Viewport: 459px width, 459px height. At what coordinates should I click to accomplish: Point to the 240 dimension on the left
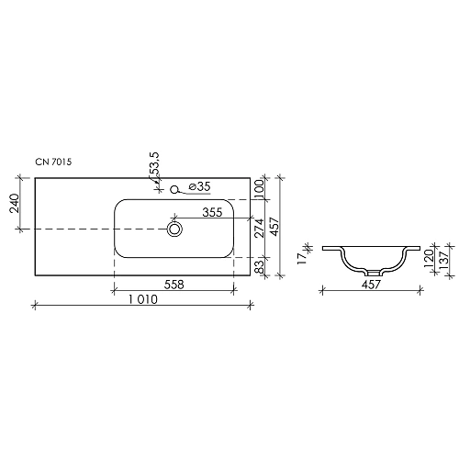16,203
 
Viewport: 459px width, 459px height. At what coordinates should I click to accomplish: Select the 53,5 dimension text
156,167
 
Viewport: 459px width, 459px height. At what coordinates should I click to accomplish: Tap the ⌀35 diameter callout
199,187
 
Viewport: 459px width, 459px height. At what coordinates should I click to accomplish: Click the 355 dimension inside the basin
213,212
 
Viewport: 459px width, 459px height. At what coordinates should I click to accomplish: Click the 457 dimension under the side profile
372,285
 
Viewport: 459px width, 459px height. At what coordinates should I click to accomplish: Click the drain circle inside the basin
174,228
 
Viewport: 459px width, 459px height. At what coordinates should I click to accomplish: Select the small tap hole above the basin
174,190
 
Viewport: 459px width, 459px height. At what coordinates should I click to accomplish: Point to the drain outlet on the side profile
372,273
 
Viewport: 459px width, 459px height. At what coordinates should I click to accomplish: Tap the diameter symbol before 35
191,187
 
